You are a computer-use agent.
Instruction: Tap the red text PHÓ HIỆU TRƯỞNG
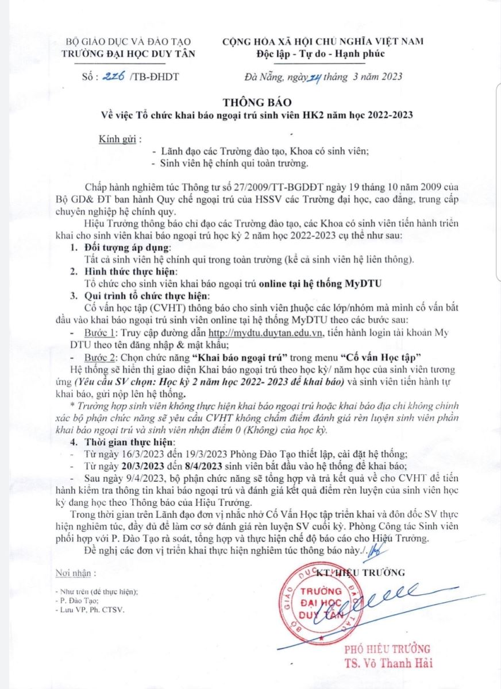[387, 649]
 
